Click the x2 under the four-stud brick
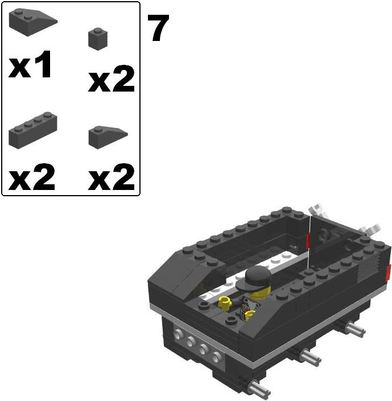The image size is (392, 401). click(x=32, y=178)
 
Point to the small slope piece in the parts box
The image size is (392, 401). click(x=107, y=137)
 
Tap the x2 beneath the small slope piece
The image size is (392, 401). click(x=112, y=178)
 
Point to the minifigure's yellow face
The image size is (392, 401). click(x=257, y=291)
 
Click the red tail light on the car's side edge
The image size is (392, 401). click(x=389, y=272)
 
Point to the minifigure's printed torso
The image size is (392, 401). click(x=248, y=307)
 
